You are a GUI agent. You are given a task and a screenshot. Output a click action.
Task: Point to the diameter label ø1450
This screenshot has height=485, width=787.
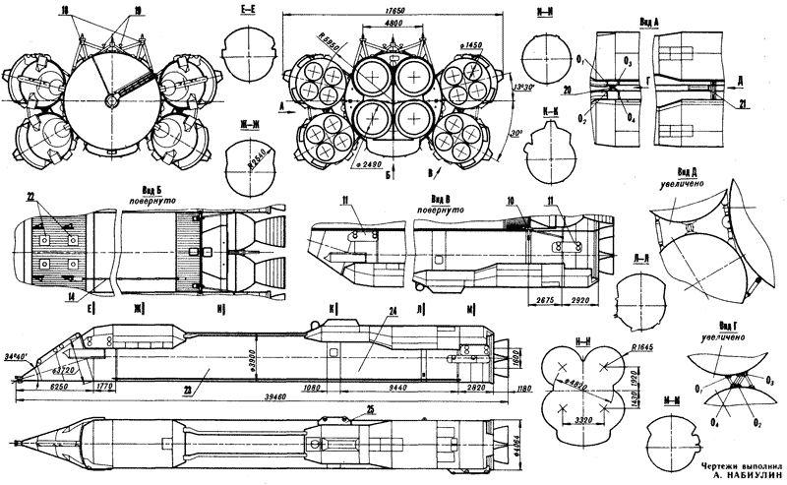[x=468, y=46]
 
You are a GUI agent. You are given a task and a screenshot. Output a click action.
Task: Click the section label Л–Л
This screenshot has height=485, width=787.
[x=640, y=254]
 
